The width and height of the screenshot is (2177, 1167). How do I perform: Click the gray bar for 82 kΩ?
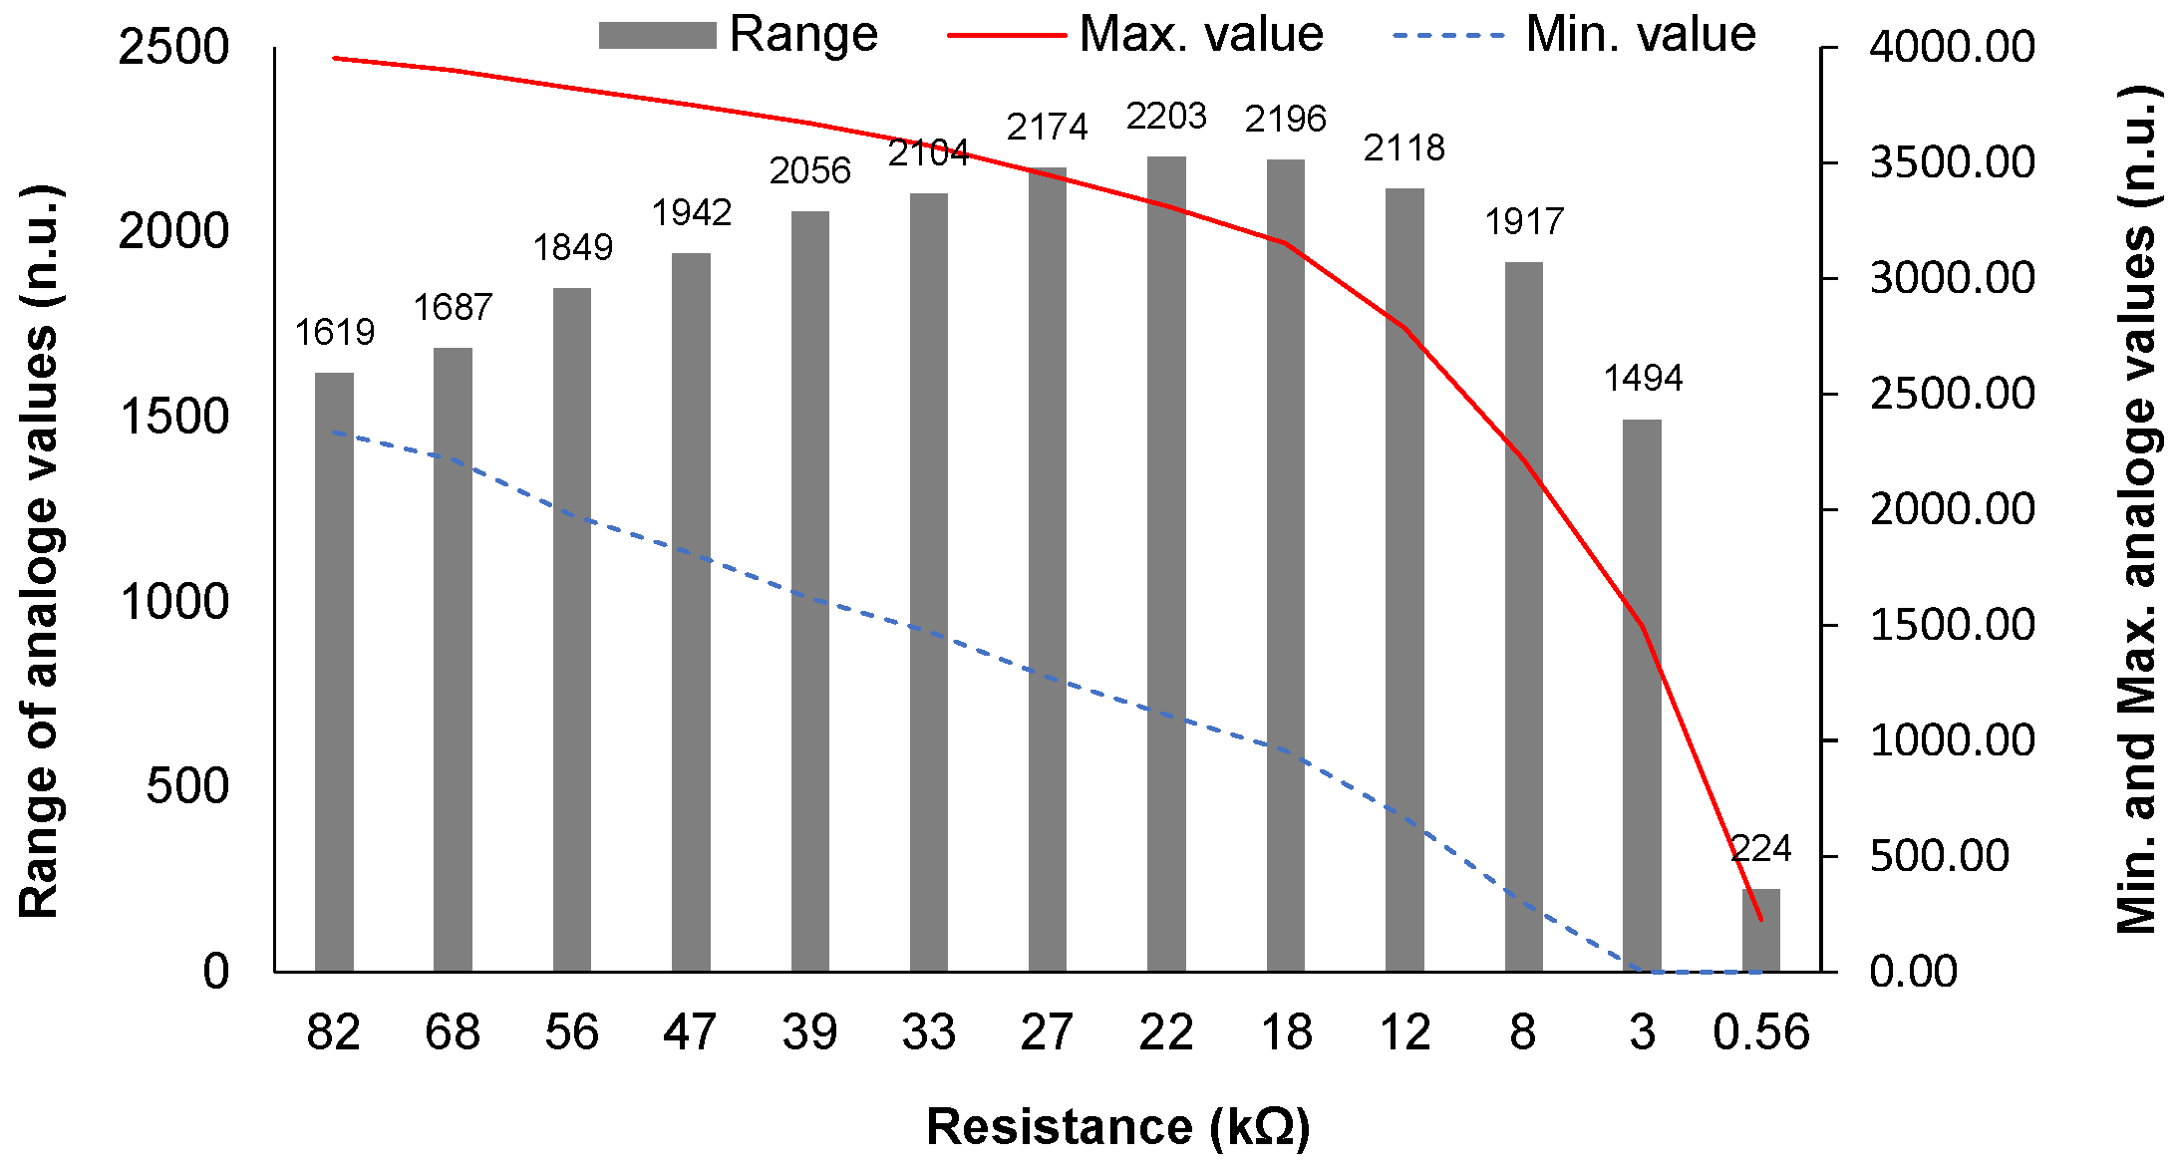[334, 673]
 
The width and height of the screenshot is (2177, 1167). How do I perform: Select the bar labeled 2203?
[1166, 563]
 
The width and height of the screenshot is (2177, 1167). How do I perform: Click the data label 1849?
[572, 247]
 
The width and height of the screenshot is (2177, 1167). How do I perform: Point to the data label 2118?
[1403, 147]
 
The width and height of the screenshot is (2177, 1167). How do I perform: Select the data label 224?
[1760, 849]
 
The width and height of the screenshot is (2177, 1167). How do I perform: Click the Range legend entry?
[738, 34]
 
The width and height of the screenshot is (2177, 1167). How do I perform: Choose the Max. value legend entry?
[1136, 34]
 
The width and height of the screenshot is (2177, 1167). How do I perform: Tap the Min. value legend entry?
[1575, 34]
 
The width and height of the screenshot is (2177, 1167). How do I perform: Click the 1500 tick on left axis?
[174, 417]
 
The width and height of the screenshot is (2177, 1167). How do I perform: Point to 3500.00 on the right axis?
[1952, 162]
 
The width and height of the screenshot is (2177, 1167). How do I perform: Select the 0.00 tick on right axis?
[1914, 971]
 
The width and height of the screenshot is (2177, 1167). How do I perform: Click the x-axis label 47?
[690, 1032]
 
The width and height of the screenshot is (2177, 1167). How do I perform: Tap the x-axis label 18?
[1286, 1032]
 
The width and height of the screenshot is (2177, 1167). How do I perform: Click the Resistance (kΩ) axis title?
[1117, 1127]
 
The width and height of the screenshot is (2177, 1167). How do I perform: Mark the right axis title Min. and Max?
[2136, 508]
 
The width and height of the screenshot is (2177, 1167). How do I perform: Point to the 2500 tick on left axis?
[174, 47]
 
